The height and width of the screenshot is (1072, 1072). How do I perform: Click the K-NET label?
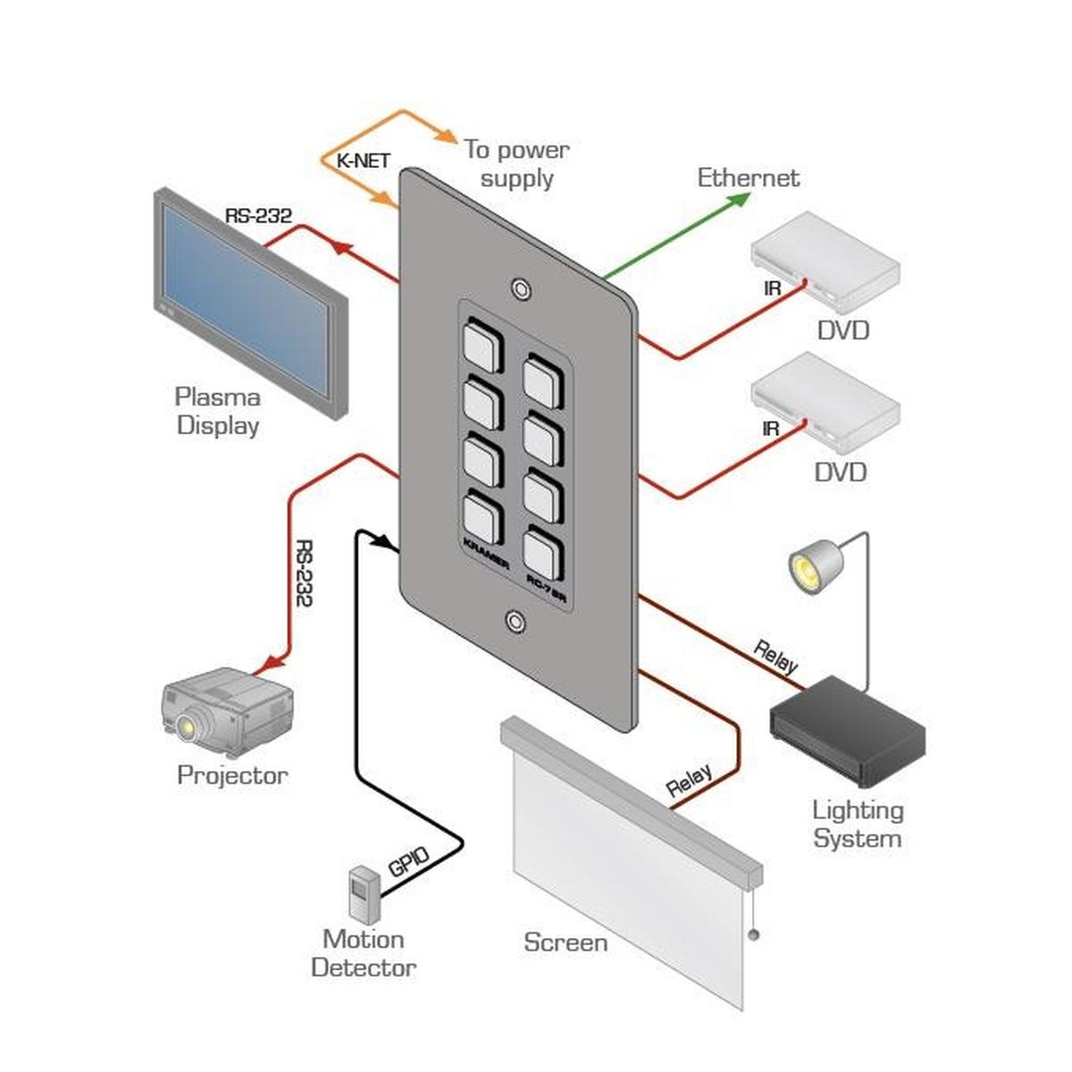click(363, 162)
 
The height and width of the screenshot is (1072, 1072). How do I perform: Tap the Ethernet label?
click(748, 178)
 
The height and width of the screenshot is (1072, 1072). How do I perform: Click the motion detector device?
click(363, 894)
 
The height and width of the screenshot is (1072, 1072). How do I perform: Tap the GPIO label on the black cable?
click(409, 862)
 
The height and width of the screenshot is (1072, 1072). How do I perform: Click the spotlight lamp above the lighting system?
click(814, 565)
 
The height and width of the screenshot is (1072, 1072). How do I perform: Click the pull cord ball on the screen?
click(753, 936)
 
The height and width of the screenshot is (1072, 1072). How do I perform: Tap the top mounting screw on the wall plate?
click(519, 289)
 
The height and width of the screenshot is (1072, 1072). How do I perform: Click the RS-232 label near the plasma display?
click(258, 215)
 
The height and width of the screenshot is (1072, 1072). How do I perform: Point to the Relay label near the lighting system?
click(775, 656)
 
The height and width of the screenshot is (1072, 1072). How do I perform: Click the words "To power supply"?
click(516, 163)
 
